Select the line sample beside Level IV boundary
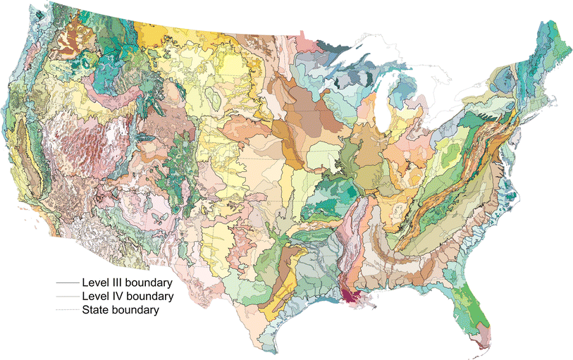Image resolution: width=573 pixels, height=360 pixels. click(x=68, y=296)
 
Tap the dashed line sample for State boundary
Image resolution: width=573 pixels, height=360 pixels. click(x=68, y=309)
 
